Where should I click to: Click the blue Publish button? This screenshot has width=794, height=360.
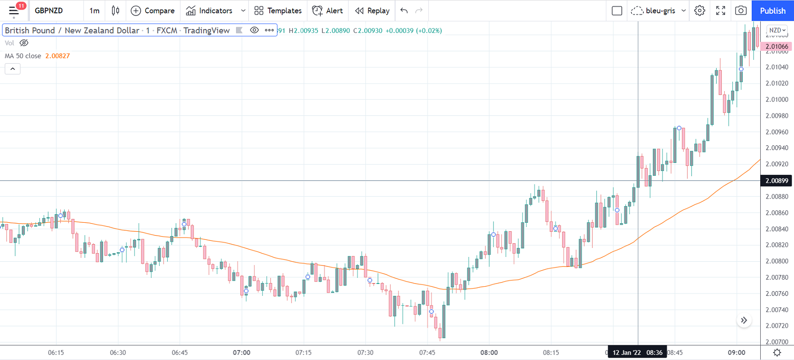point(772,10)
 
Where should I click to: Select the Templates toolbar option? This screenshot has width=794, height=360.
point(278,10)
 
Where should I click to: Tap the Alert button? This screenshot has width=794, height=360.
point(328,10)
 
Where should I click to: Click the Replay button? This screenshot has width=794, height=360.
point(372,10)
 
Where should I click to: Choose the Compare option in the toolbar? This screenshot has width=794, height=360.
point(153,10)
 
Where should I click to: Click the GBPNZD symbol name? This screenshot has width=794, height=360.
point(48,10)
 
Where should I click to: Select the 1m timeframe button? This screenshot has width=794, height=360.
point(95,10)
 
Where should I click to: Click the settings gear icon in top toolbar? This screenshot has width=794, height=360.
point(699,10)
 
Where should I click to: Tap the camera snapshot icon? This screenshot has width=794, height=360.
point(740,10)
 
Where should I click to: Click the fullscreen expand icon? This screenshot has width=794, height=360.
point(720,10)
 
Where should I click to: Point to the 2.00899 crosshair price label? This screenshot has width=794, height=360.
point(776,180)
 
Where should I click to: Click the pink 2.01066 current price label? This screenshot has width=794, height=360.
point(776,47)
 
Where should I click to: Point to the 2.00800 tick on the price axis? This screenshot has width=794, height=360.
point(776,261)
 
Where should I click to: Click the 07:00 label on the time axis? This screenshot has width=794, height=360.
point(242,352)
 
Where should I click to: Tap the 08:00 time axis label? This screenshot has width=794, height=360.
point(489,352)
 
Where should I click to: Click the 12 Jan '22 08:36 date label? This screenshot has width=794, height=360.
point(637,352)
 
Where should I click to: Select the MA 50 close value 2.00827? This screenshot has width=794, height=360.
point(57,56)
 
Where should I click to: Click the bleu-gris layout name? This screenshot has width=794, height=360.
point(660,10)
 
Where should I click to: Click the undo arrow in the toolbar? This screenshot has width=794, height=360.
point(404,10)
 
